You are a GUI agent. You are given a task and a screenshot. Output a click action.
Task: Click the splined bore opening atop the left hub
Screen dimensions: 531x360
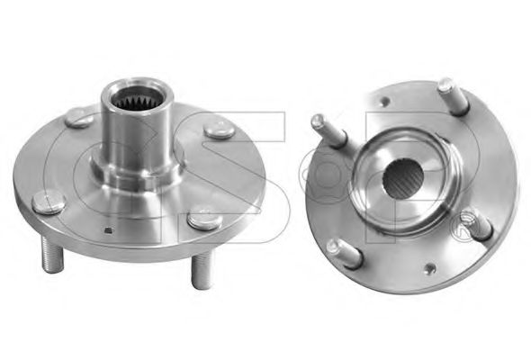click(137, 97)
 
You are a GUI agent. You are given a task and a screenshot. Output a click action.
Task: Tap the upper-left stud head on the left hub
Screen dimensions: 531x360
click(79, 118)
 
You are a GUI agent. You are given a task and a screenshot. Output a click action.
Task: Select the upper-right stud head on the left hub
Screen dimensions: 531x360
click(219, 130)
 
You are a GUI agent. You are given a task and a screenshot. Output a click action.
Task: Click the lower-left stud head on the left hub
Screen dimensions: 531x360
click(49, 202)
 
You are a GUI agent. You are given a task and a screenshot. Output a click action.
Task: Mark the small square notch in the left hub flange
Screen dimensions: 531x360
click(109, 230)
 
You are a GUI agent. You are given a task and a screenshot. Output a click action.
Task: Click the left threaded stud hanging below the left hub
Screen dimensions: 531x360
click(52, 254)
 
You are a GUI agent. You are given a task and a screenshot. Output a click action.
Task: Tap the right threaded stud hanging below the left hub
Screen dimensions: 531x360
click(202, 270)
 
